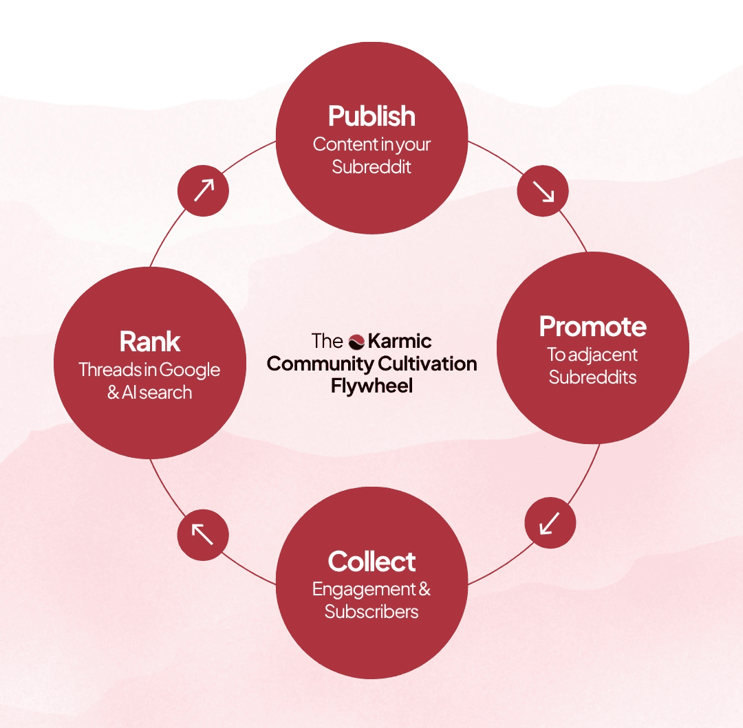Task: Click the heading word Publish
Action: coord(371,116)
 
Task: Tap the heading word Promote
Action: coord(592,327)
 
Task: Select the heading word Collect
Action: coord(371,562)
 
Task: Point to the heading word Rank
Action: coord(150,342)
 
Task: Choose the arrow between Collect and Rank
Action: coord(202,533)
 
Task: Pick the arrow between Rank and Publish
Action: coord(203,189)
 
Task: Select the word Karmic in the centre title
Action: coord(400,341)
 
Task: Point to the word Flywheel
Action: coord(371,386)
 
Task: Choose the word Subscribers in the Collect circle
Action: coord(371,612)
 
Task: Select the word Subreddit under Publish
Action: coord(371,167)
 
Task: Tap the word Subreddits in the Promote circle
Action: coord(592,377)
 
